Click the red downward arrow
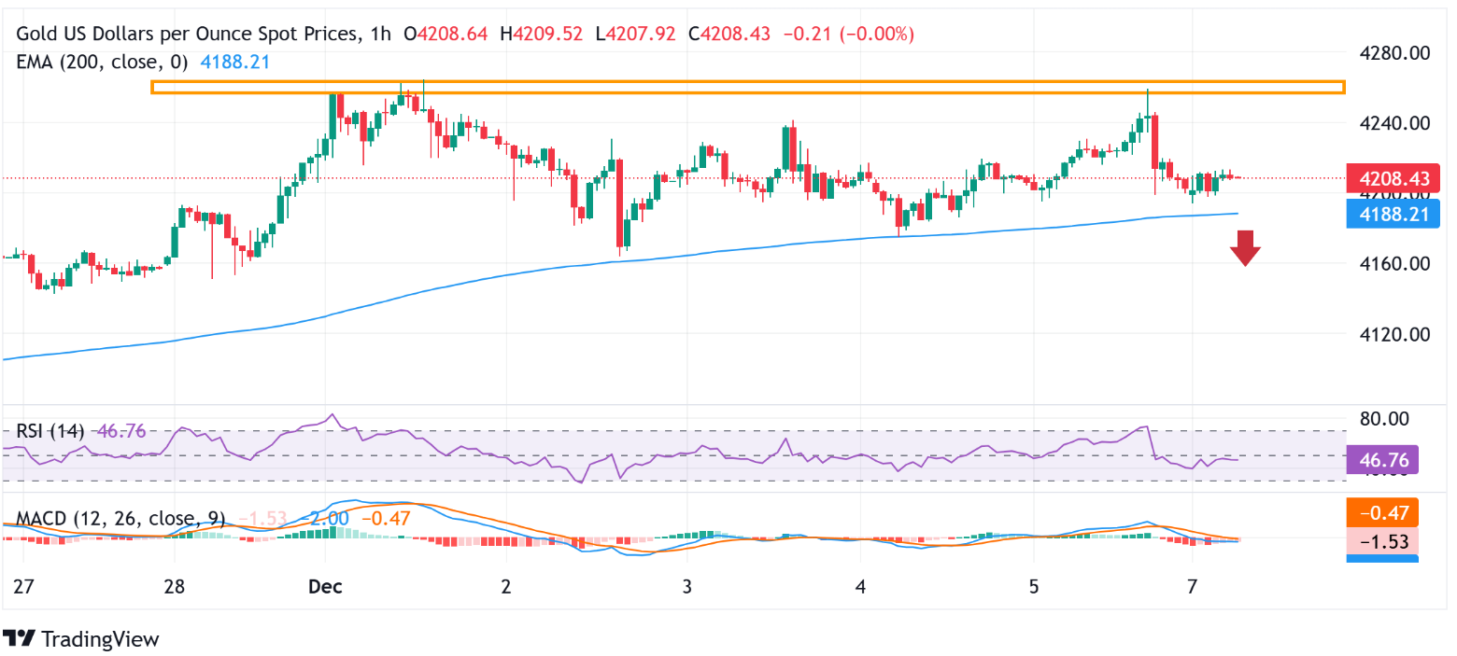click(1245, 248)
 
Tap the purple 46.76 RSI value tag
click(1382, 459)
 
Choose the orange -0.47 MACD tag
click(1382, 511)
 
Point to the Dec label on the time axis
click(326, 587)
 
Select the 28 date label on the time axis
click(174, 587)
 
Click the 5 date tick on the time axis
click(1034, 587)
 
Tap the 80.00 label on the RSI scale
click(1384, 418)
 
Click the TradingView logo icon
click(20, 639)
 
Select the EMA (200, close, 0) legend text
click(102, 63)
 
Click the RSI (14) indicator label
click(50, 431)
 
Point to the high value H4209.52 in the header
click(542, 35)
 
